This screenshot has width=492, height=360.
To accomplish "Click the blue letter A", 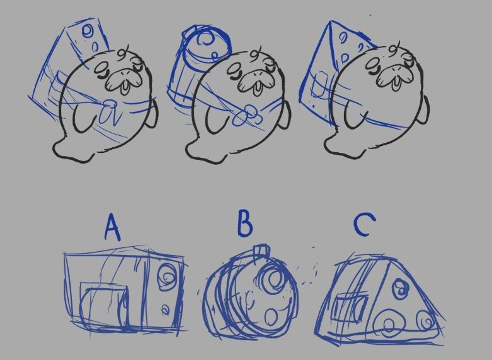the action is [112, 228].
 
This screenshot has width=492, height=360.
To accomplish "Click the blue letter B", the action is [245, 223].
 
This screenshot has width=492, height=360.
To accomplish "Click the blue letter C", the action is [364, 225].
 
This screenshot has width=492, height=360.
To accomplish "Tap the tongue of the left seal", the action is [125, 87].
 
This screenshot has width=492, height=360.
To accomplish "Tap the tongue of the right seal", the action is [396, 83].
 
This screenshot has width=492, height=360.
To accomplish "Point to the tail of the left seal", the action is [72, 150].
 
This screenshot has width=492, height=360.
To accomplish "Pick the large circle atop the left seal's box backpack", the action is [87, 31].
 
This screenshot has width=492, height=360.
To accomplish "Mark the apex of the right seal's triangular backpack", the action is [330, 21].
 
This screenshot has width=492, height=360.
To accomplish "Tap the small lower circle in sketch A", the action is [164, 310].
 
